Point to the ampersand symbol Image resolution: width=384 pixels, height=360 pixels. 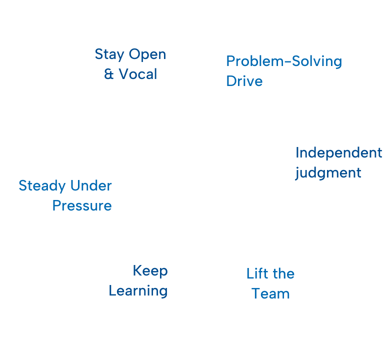(x=109, y=74)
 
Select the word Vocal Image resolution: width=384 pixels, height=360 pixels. (x=137, y=74)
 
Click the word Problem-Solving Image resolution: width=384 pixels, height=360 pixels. (x=284, y=61)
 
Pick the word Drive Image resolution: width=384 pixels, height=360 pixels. (x=244, y=81)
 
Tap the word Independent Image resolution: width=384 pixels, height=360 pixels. (x=338, y=152)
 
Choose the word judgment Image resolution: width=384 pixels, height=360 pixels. (x=328, y=173)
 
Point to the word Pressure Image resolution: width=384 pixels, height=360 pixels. (x=82, y=205)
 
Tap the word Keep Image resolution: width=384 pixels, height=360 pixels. (x=150, y=271)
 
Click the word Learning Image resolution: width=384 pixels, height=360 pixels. (x=138, y=291)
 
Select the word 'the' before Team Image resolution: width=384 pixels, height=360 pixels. (x=283, y=273)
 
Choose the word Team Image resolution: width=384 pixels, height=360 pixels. (x=270, y=293)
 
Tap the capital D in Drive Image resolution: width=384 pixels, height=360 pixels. (x=230, y=81)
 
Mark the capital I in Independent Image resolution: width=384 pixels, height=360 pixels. (x=297, y=152)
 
